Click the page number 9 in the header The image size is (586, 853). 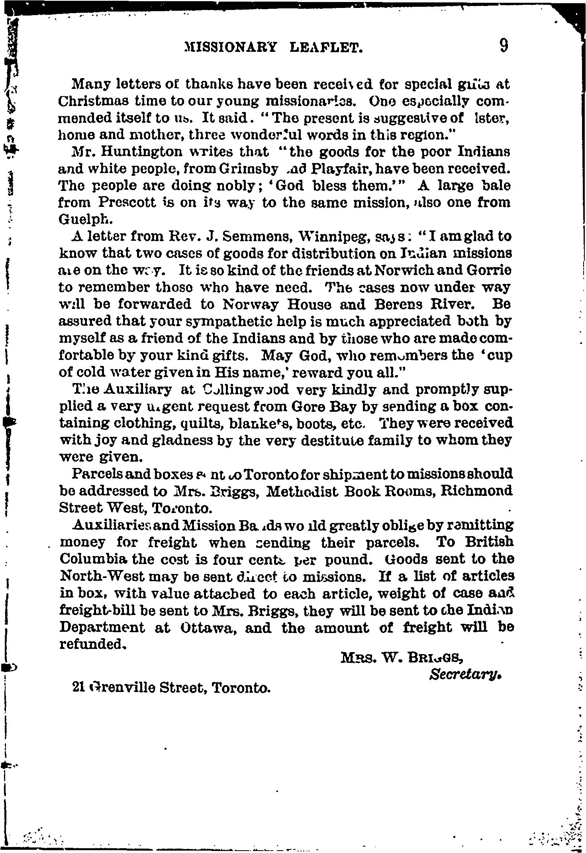[x=504, y=46]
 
